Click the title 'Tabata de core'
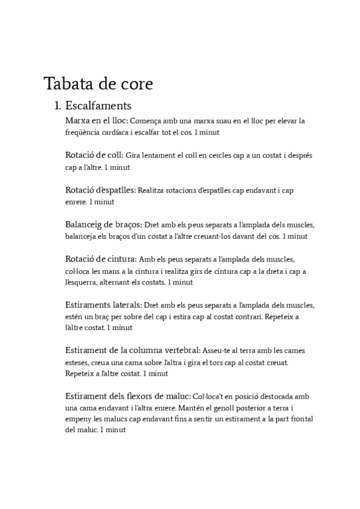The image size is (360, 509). (x=98, y=82)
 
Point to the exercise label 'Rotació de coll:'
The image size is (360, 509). (x=94, y=155)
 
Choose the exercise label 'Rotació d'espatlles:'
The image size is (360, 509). (x=100, y=190)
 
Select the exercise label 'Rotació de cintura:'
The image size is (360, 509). (x=101, y=259)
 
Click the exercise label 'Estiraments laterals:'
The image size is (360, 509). (x=104, y=305)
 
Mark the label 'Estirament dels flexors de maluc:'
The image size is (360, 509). (x=128, y=396)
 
